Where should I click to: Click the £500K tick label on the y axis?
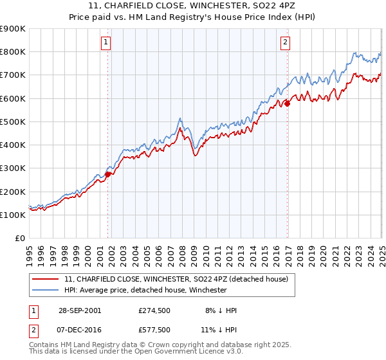(x=13, y=122)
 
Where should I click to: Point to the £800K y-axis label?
(x=13, y=52)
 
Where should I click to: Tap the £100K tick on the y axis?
(x=13, y=215)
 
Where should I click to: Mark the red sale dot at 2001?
(x=108, y=174)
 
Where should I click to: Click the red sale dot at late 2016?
(x=288, y=103)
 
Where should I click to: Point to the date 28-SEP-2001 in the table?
(x=78, y=310)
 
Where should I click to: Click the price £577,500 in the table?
(x=154, y=329)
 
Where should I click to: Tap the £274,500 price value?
(x=154, y=310)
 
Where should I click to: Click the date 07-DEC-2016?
(x=78, y=329)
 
